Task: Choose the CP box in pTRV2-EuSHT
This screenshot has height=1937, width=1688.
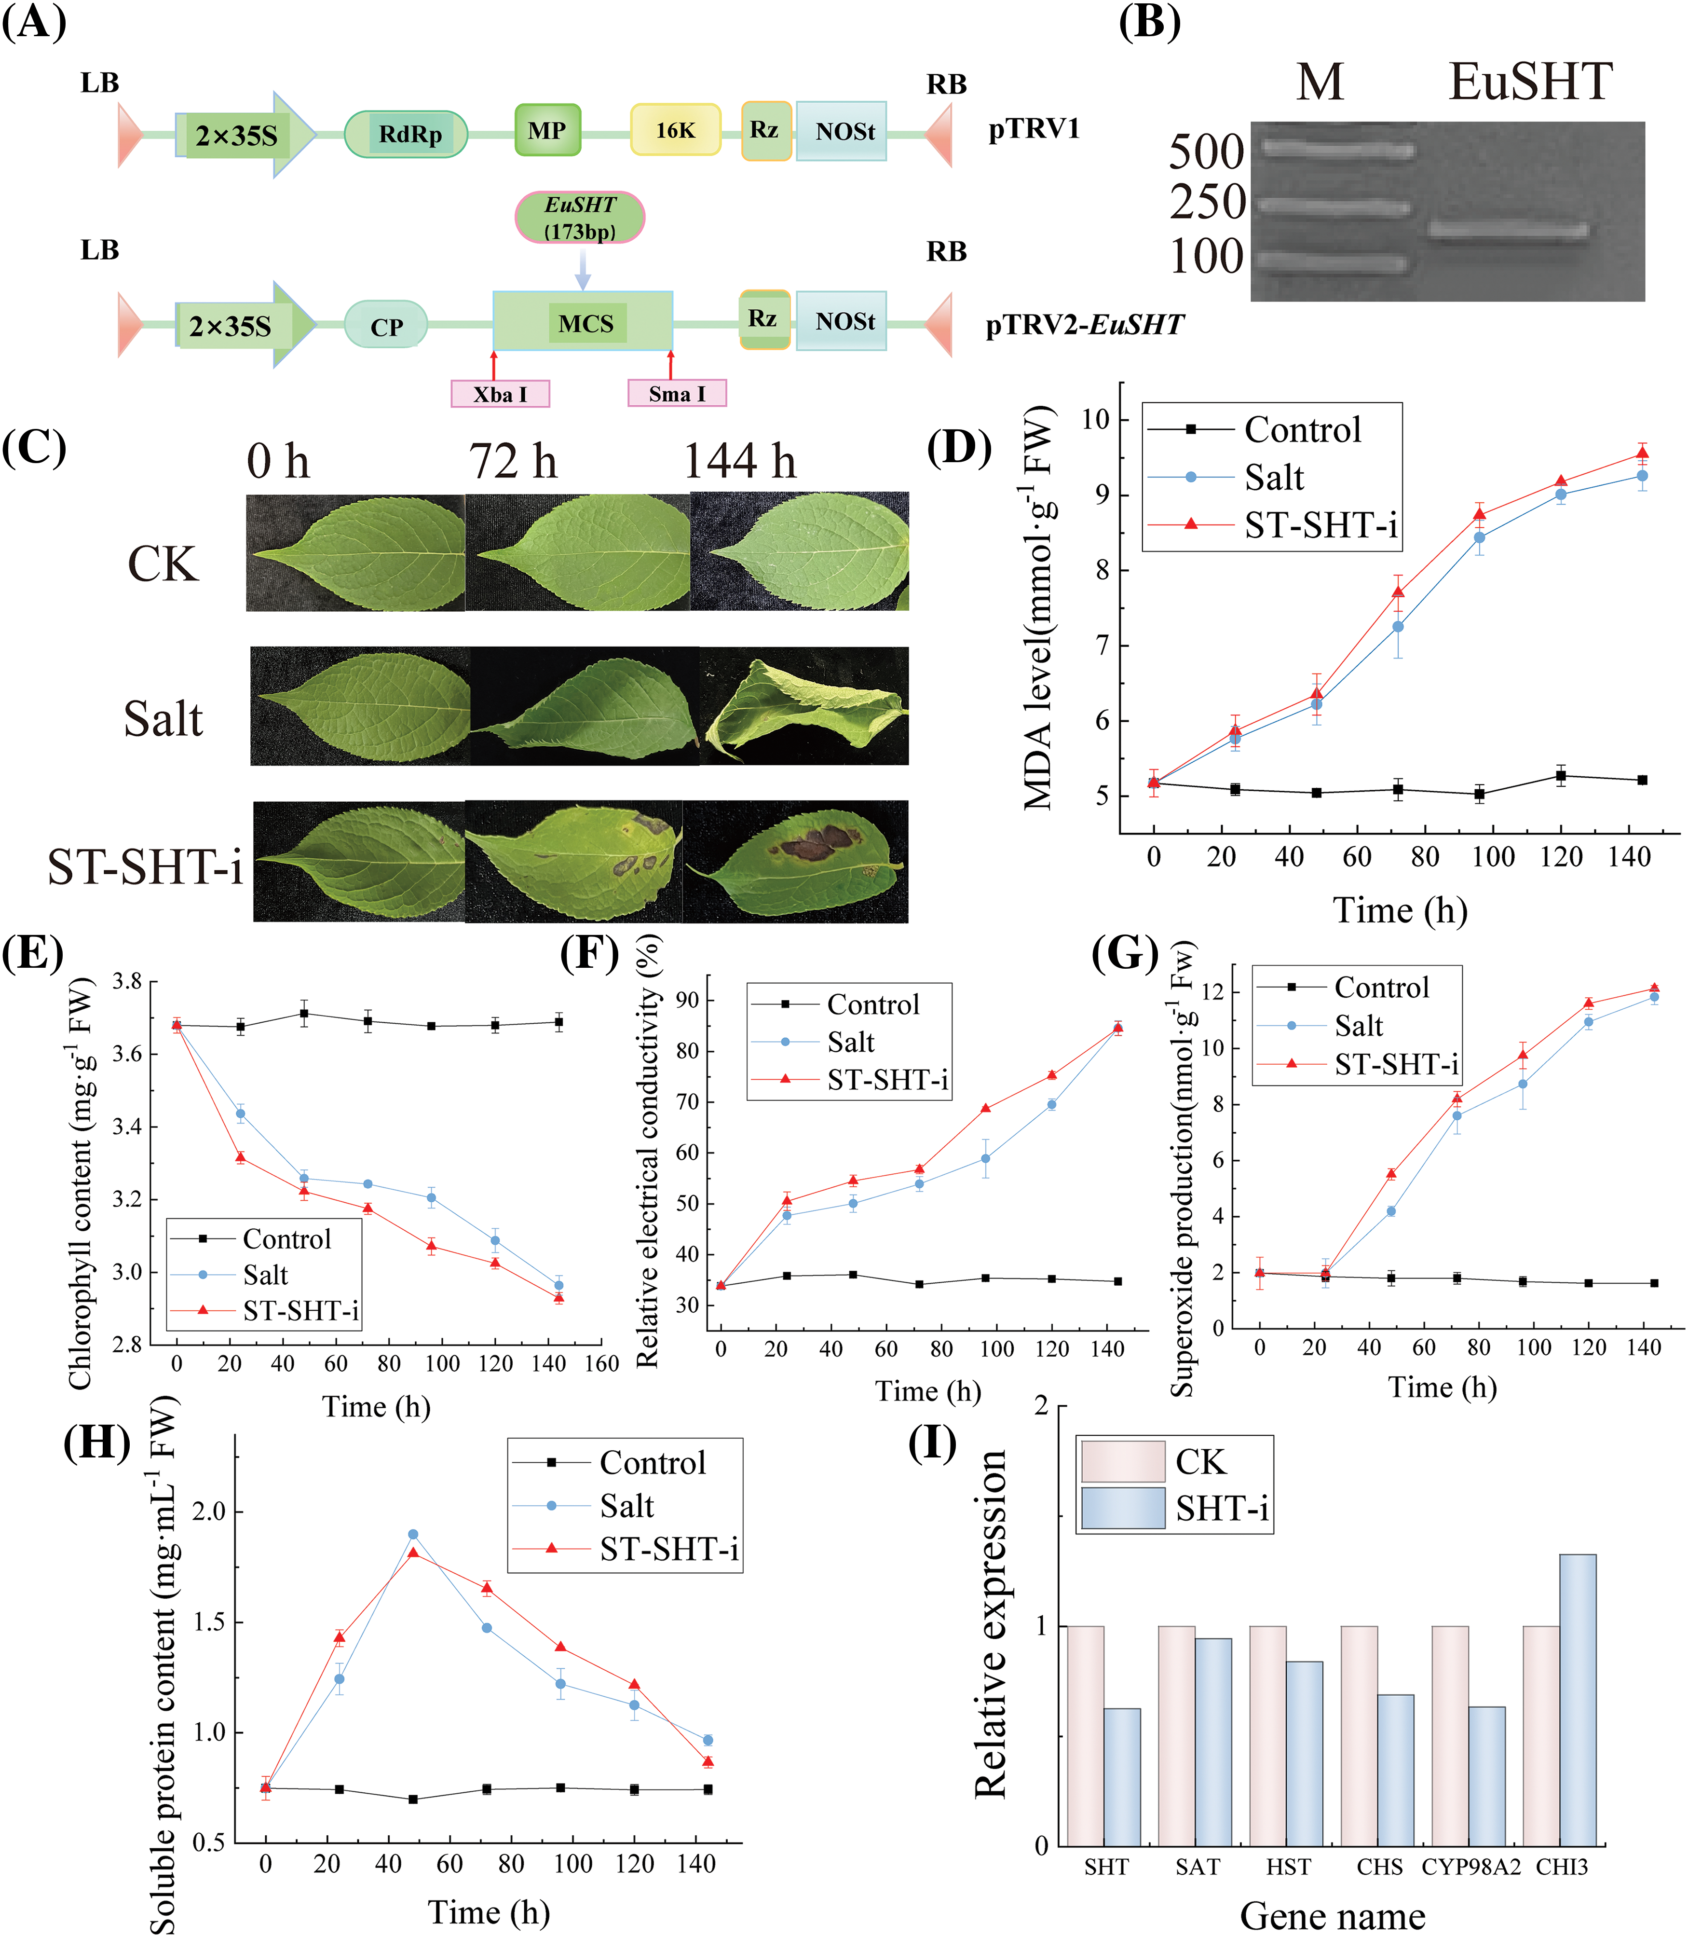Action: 386,326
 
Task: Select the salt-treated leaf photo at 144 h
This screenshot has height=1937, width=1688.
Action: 803,707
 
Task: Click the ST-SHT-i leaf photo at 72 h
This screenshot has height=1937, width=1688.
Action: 573,861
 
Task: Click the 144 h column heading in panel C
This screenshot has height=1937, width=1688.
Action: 739,462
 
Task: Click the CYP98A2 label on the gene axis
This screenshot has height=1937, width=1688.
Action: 1470,1867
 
